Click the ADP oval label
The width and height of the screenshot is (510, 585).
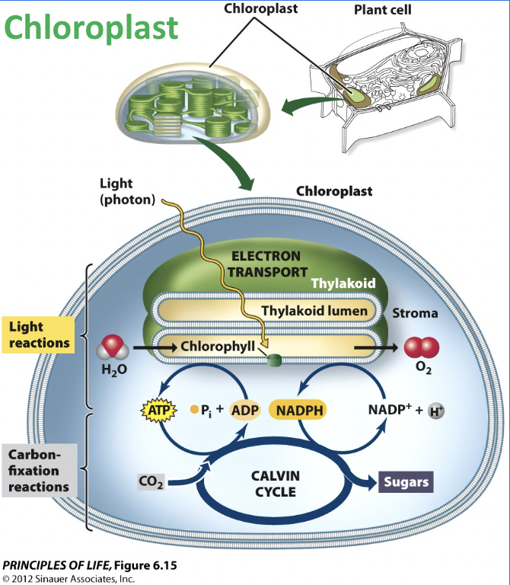pos(246,410)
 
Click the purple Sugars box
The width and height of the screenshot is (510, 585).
pos(406,481)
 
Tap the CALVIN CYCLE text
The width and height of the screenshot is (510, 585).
pos(275,483)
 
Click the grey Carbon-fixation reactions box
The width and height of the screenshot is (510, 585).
pos(38,470)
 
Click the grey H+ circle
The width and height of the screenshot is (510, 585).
pos(436,411)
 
